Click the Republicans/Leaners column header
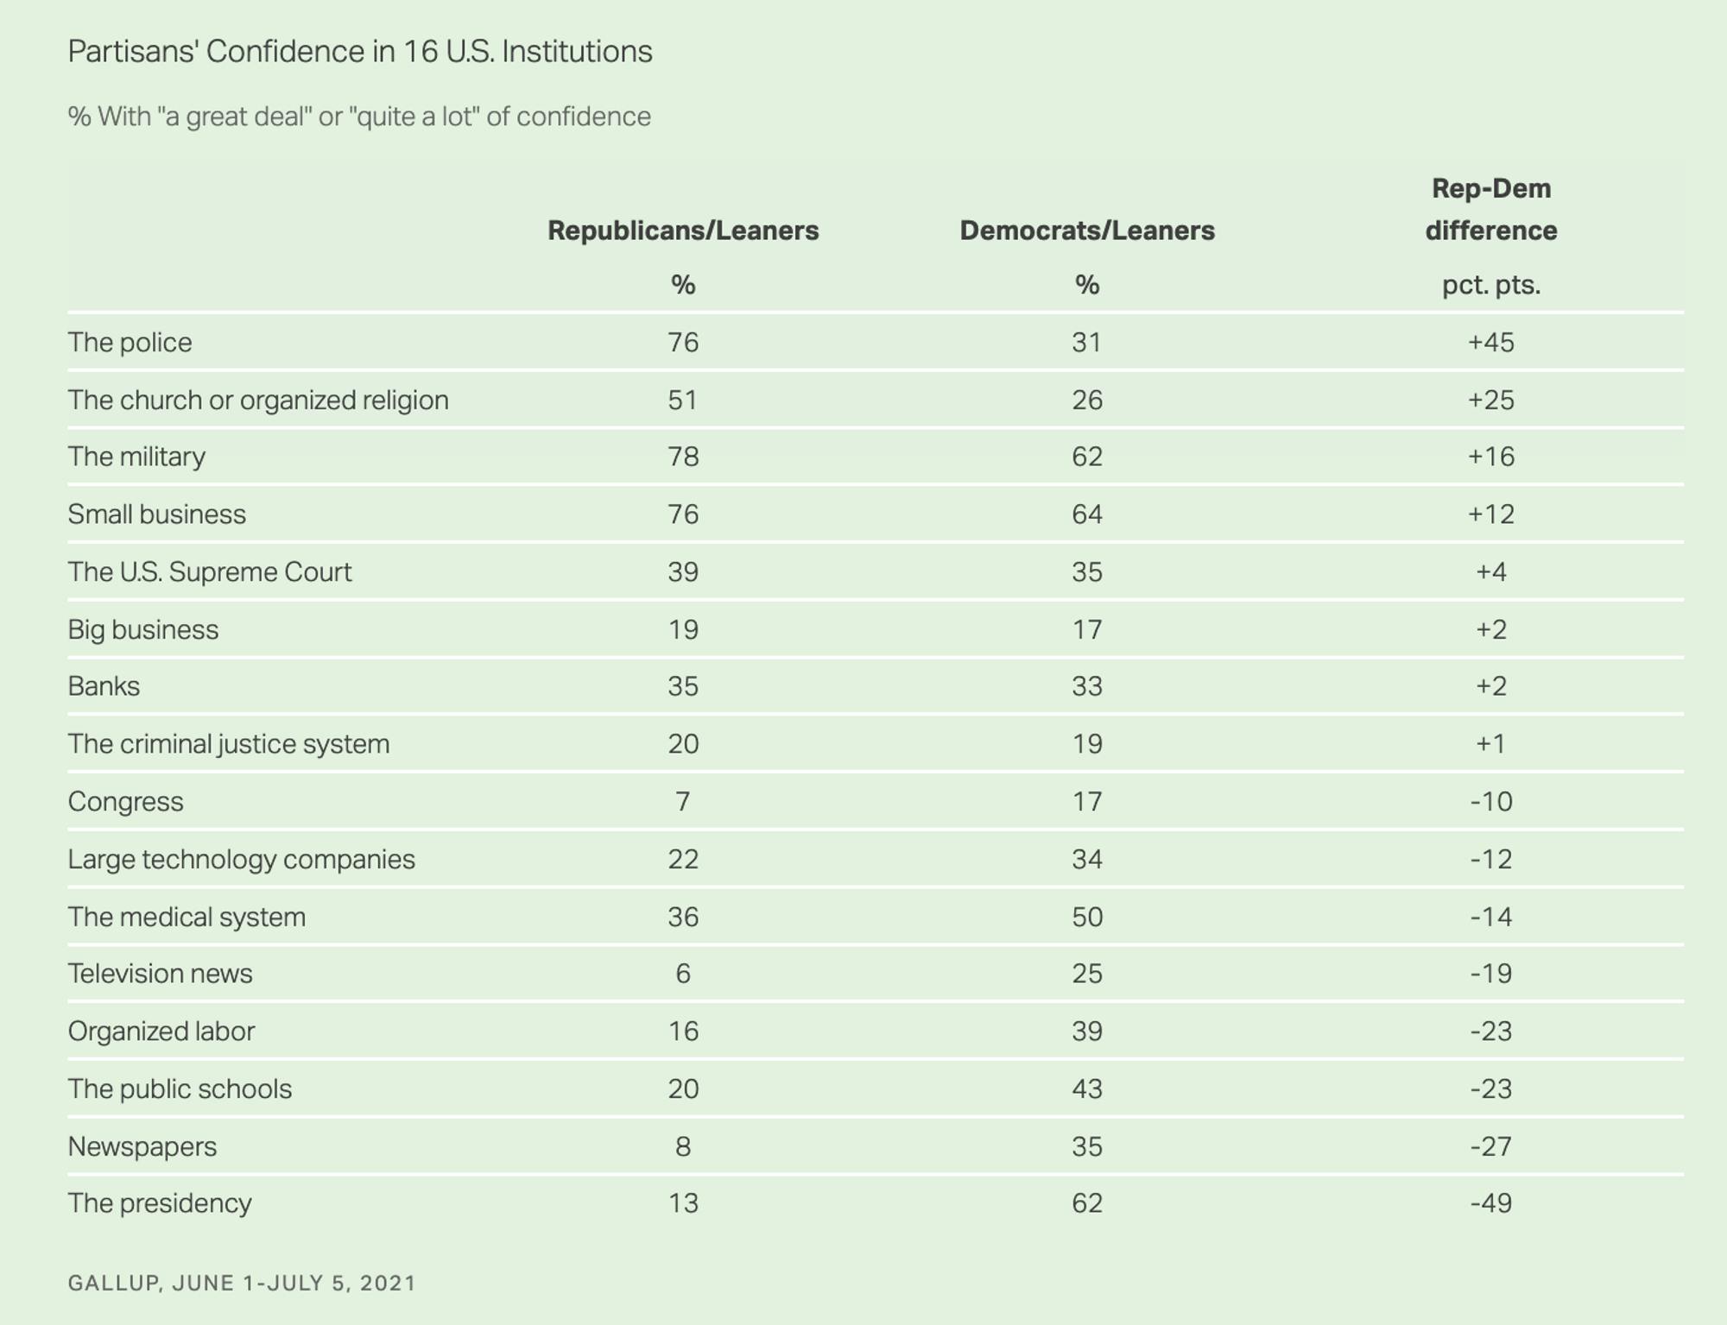pyautogui.click(x=683, y=230)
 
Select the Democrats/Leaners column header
pyautogui.click(x=1087, y=230)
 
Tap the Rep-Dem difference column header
pyautogui.click(x=1491, y=210)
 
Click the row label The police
pyautogui.click(x=130, y=343)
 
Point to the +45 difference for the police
pyautogui.click(x=1491, y=343)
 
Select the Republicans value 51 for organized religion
pyautogui.click(x=683, y=400)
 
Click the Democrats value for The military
pyautogui.click(x=1087, y=457)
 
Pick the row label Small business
pyautogui.click(x=156, y=514)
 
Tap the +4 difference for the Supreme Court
pyautogui.click(x=1491, y=571)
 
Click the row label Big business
pyautogui.click(x=142, y=629)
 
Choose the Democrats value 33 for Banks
pyautogui.click(x=1087, y=686)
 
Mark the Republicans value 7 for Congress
pyautogui.click(x=683, y=802)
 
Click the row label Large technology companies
pyautogui.click(x=241, y=860)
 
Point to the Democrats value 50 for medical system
pyautogui.click(x=1087, y=917)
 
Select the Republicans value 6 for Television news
pyautogui.click(x=683, y=974)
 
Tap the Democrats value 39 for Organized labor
pyautogui.click(x=1087, y=1032)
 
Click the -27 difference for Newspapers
pyautogui.click(x=1491, y=1146)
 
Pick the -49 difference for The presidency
pyautogui.click(x=1491, y=1203)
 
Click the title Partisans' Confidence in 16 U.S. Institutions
pyautogui.click(x=360, y=52)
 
